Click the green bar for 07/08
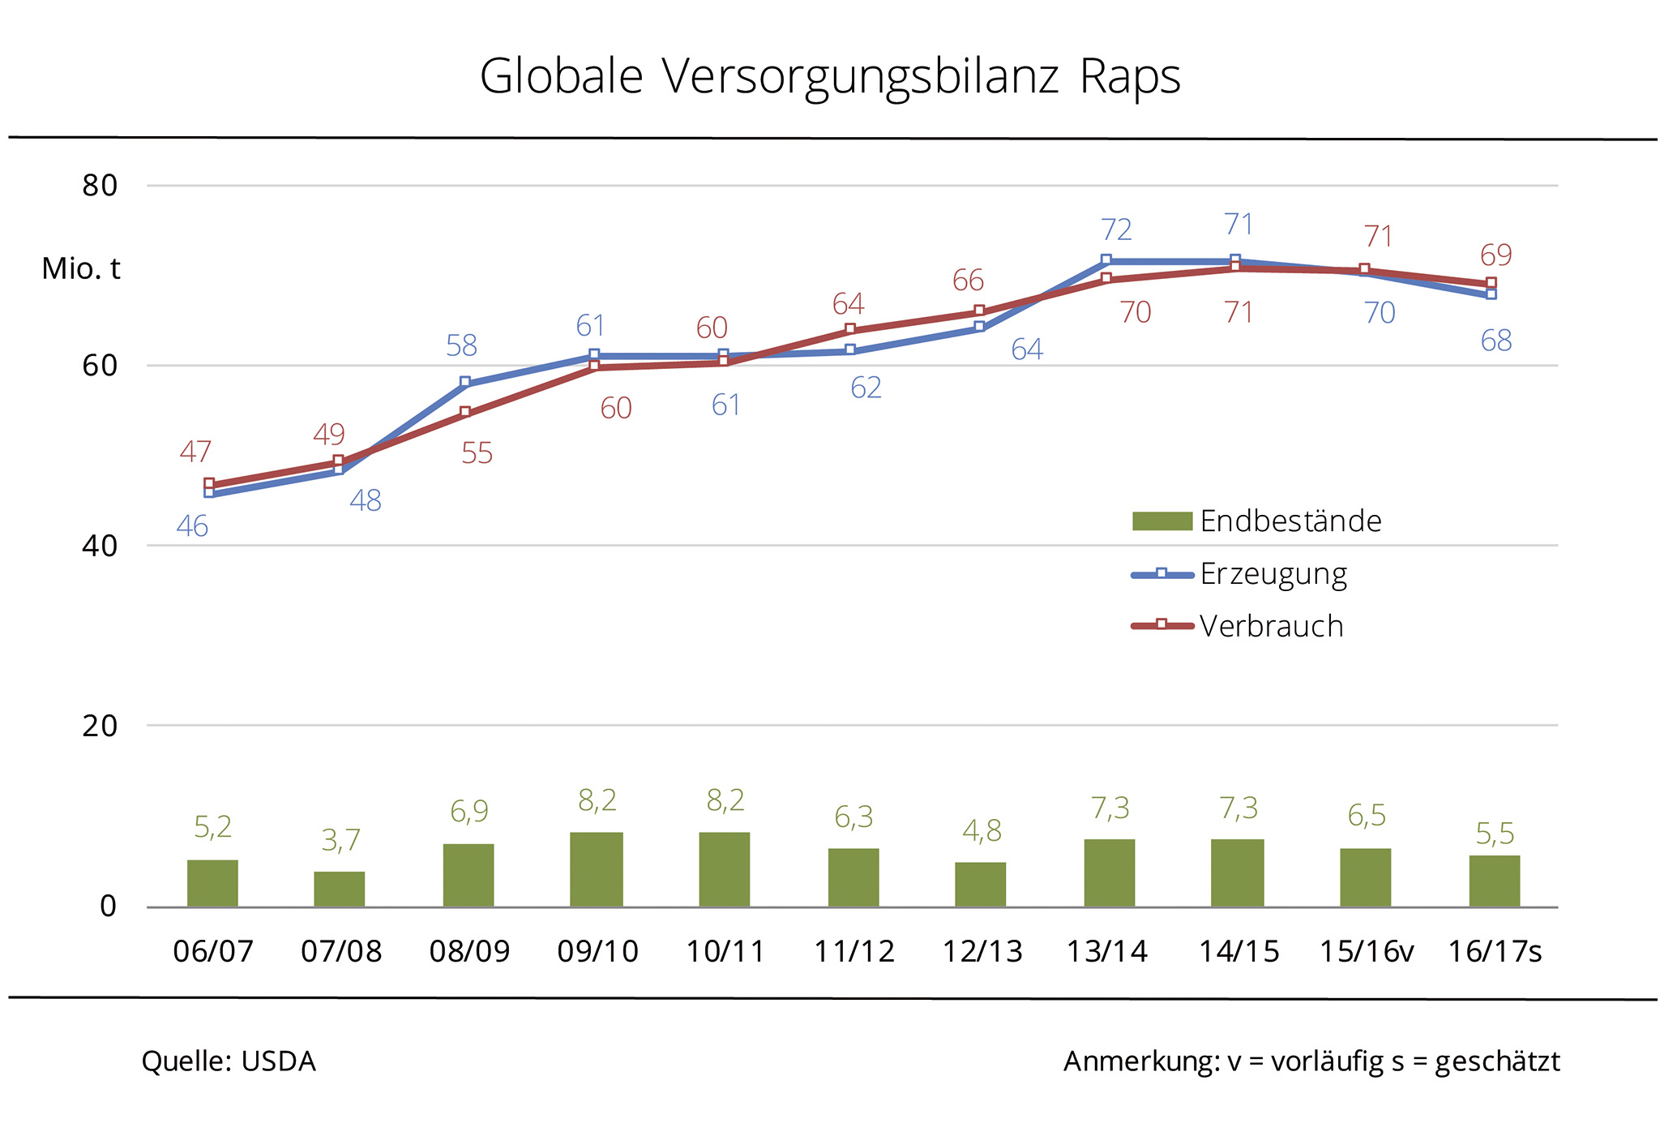[339, 889]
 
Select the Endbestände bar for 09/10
[596, 869]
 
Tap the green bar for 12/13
[980, 884]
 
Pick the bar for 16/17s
[1494, 881]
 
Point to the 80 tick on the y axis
[100, 186]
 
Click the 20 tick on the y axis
[100, 726]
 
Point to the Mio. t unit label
[81, 268]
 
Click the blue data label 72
[1116, 230]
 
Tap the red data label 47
[195, 452]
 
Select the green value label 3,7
[340, 841]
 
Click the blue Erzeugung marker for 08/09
[465, 382]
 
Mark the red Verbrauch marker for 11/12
[850, 329]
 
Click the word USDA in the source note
[278, 1061]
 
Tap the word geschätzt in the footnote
[1497, 1061]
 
